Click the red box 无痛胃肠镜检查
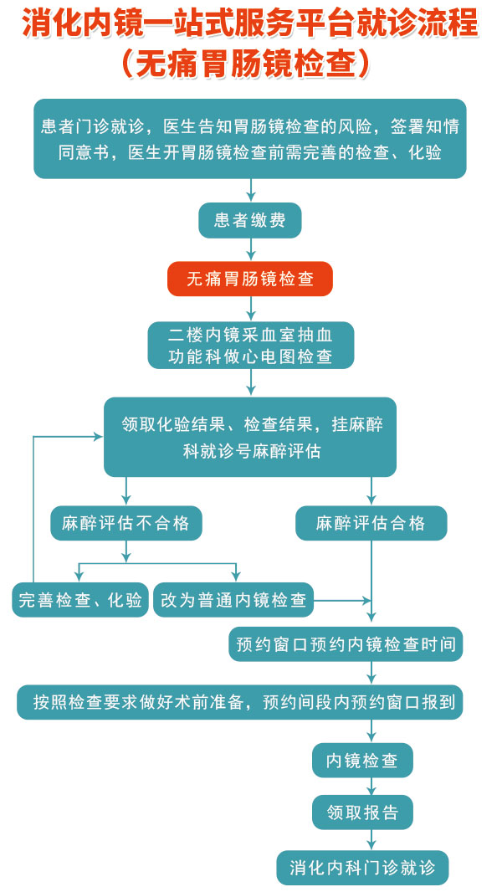[x=249, y=279]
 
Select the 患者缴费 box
[x=249, y=221]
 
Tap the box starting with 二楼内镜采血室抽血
[x=251, y=346]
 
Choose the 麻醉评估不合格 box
[x=125, y=523]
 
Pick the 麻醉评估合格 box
[x=371, y=523]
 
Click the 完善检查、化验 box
[x=80, y=600]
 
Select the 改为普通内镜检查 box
[x=233, y=600]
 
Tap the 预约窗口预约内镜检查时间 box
[x=346, y=644]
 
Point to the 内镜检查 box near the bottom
[x=362, y=761]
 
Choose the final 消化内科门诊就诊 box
[x=362, y=868]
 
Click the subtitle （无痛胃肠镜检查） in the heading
[x=250, y=64]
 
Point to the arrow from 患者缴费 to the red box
[x=251, y=249]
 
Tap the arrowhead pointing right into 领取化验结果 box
[x=98, y=437]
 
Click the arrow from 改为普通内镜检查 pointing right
[x=342, y=600]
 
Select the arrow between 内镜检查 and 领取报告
[x=371, y=787]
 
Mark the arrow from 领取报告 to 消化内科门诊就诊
[x=371, y=840]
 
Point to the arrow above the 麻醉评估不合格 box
[x=126, y=491]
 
